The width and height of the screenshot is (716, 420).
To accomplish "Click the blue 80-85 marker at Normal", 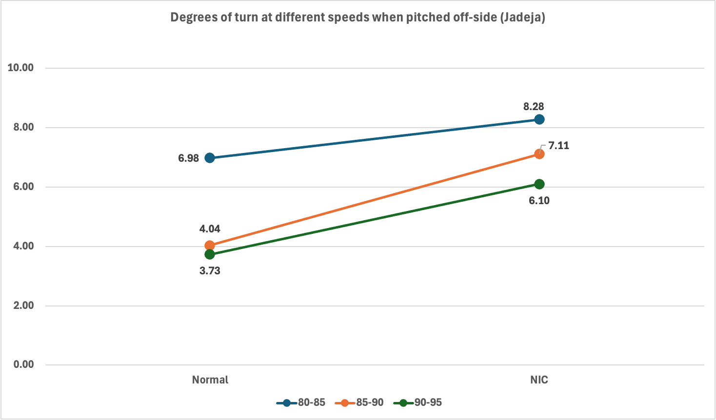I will point(210,158).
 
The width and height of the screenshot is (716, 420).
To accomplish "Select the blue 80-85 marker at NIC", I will point(539,119).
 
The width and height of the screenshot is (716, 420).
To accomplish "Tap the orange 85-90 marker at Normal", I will point(210,246).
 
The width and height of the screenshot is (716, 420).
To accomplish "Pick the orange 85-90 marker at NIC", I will point(539,154).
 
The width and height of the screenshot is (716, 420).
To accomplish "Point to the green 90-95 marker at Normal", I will point(210,254).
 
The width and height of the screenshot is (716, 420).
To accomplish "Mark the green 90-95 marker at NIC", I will point(539,184).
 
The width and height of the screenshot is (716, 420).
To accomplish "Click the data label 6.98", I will point(188,158).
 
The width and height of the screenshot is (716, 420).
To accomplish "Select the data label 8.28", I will point(534,106).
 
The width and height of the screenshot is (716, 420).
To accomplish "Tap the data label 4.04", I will point(210,229).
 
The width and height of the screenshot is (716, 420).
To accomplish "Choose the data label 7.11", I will point(558,146).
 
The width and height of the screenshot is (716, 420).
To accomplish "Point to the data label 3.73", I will point(210,271).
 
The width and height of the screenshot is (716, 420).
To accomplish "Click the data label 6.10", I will point(539,200).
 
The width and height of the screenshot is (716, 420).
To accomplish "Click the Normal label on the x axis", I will point(210,380).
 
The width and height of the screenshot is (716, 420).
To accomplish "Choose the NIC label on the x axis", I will point(539,380).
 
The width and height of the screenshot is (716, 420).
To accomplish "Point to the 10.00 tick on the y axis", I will point(20,68).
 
